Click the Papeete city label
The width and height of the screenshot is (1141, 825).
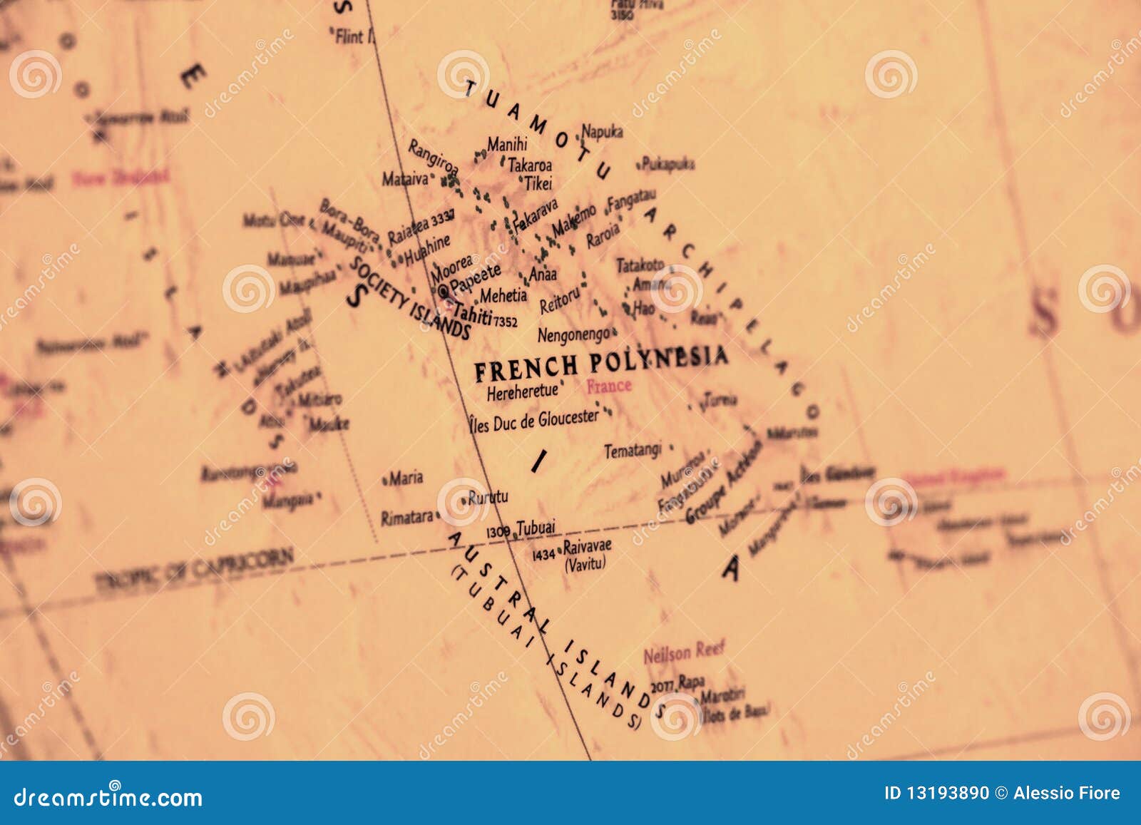(x=476, y=278)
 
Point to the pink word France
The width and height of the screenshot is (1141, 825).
(x=608, y=386)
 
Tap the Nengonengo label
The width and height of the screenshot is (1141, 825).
(x=573, y=334)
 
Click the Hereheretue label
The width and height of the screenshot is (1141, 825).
(x=522, y=391)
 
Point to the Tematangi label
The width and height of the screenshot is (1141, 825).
(x=633, y=451)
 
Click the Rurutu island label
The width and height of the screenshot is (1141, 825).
(x=488, y=497)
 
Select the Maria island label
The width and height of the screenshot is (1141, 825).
(x=406, y=478)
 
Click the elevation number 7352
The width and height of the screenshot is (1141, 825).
(x=505, y=322)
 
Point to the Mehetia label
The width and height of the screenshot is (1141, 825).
(x=503, y=295)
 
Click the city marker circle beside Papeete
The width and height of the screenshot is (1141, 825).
(x=444, y=291)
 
